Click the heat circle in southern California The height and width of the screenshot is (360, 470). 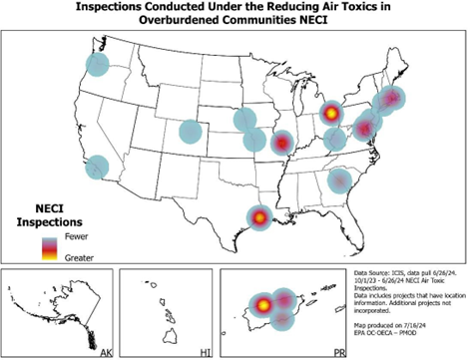point(99,168)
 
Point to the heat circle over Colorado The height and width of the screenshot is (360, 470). point(190,131)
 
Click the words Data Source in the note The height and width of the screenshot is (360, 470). point(375,271)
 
